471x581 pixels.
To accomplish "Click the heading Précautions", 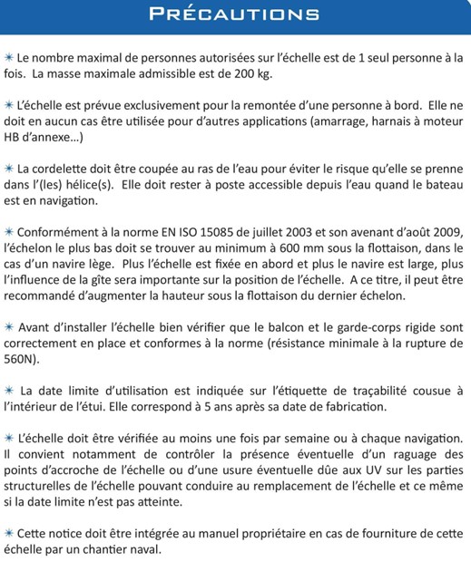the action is [x=234, y=15].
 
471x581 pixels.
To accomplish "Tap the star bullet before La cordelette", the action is [x=8, y=169].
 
